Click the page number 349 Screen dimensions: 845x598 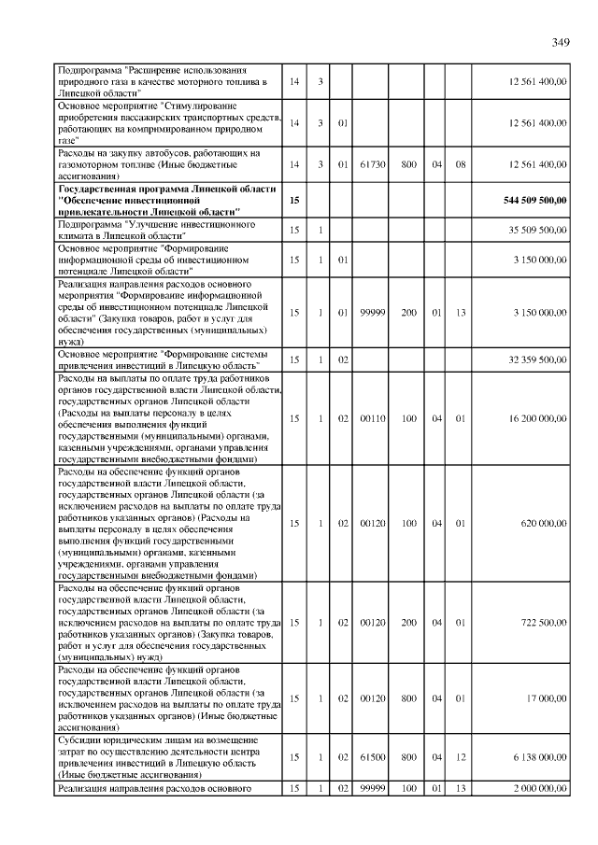click(560, 42)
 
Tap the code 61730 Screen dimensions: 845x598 click(373, 164)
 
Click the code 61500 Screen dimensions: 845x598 click(373, 757)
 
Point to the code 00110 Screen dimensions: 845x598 click(373, 419)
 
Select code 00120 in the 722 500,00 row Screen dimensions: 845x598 click(373, 622)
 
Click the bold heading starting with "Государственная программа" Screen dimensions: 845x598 click(167, 200)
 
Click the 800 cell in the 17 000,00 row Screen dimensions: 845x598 click(408, 697)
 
